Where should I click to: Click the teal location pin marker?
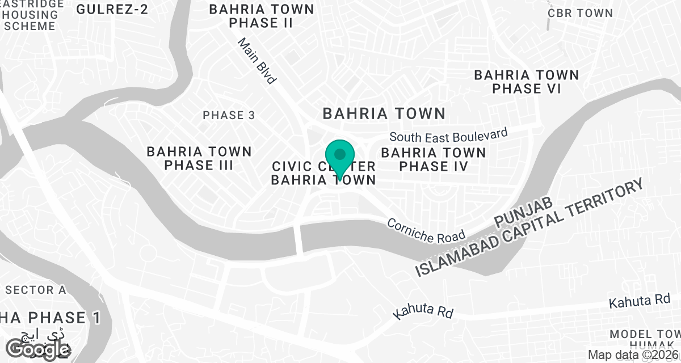(340, 158)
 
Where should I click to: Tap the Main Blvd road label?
(257, 61)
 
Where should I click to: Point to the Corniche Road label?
(426, 230)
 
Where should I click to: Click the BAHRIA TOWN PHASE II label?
(262, 16)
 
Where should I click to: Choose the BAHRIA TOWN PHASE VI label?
(526, 82)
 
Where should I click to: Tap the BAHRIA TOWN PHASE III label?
(199, 158)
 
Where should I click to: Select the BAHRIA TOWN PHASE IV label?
(434, 159)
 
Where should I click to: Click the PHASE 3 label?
(229, 115)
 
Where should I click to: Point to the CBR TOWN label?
(580, 13)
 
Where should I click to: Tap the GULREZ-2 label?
(112, 9)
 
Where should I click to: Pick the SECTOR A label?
(36, 290)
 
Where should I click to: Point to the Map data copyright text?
(633, 355)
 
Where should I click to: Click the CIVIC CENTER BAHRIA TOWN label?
(323, 173)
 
